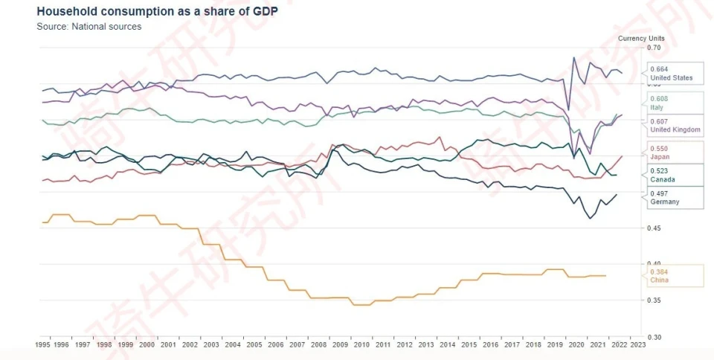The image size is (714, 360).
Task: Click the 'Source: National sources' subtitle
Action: tap(89, 27)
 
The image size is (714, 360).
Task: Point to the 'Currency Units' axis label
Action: tap(641, 38)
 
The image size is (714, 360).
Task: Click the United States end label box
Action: tap(671, 74)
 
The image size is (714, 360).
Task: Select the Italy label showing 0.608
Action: tap(671, 103)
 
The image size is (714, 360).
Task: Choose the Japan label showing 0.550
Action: tap(671, 153)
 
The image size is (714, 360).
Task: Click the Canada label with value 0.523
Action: tap(671, 175)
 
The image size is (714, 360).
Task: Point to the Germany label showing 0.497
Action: tap(671, 197)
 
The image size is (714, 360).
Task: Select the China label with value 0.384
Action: tap(671, 276)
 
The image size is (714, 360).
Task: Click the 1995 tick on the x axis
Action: tap(44, 345)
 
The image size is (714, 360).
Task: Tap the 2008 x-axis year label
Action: tap(319, 345)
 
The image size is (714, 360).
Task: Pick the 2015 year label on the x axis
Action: tap(468, 345)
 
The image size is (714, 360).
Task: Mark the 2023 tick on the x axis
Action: tap(637, 345)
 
